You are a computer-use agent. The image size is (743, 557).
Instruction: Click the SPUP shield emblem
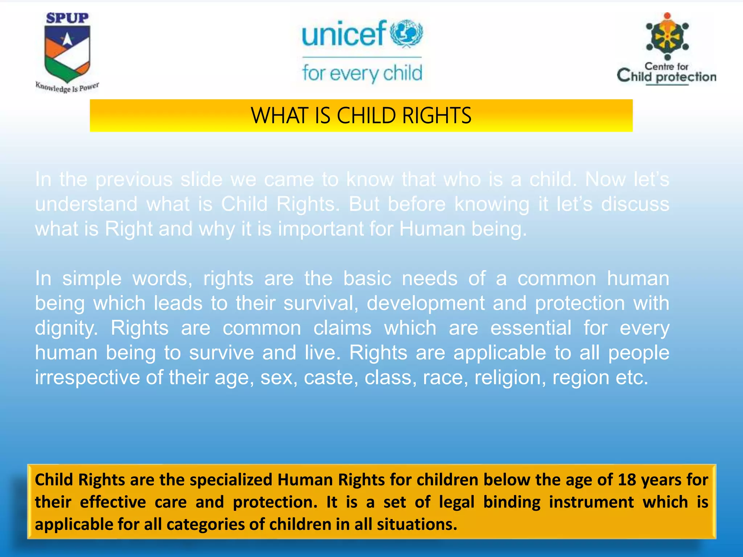click(x=67, y=53)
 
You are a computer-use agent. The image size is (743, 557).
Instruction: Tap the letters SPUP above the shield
click(x=67, y=18)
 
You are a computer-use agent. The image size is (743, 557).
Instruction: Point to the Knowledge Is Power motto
click(x=67, y=87)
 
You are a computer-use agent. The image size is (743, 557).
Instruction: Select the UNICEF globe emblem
click(x=406, y=33)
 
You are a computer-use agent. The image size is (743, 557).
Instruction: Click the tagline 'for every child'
click(x=362, y=73)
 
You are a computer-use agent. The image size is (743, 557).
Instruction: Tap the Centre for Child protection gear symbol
click(x=667, y=37)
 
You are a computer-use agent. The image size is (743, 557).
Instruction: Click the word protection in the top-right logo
click(x=686, y=77)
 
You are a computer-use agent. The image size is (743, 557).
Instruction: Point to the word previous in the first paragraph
click(x=134, y=180)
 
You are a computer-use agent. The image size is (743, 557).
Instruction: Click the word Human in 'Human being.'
click(x=432, y=229)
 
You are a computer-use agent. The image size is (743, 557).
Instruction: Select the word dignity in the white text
click(x=66, y=328)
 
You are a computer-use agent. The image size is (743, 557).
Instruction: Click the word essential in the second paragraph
click(x=531, y=328)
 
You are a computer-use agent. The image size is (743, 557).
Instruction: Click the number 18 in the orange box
click(x=627, y=479)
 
